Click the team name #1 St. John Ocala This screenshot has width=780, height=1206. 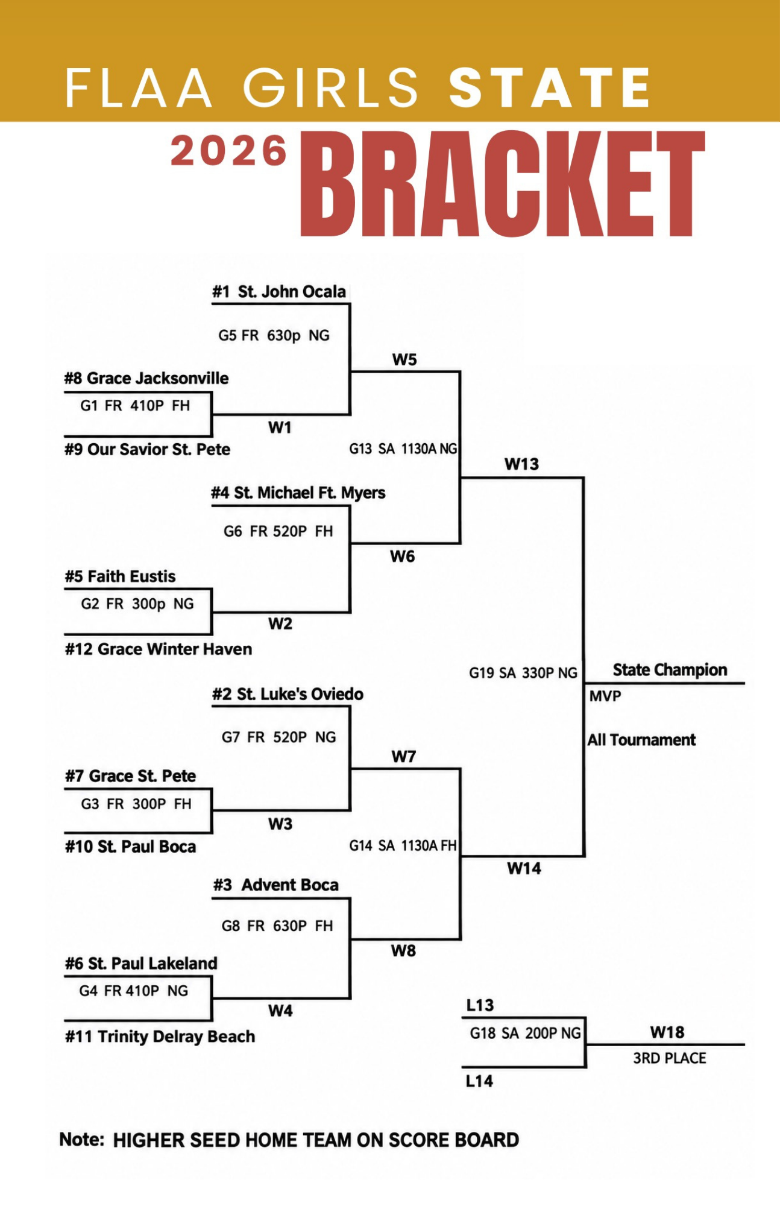click(x=279, y=292)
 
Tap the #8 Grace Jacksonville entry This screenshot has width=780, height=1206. click(x=146, y=378)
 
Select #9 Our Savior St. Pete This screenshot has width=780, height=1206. click(x=148, y=449)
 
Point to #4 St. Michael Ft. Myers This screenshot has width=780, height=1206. click(x=298, y=493)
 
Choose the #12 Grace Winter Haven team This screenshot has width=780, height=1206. click(x=159, y=649)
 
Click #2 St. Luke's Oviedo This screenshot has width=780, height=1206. click(x=288, y=694)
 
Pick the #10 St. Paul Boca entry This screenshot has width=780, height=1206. click(x=131, y=847)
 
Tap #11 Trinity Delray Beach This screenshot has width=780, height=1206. click(x=160, y=1037)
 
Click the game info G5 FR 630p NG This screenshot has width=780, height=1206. click(x=274, y=335)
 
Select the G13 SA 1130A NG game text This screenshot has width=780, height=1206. click(x=403, y=449)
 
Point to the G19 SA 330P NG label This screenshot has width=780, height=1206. click(x=523, y=673)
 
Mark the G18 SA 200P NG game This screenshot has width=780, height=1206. click(x=526, y=1034)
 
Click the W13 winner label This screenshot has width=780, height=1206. click(x=522, y=464)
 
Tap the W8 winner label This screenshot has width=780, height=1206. click(x=403, y=951)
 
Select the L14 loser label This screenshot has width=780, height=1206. click(x=480, y=1081)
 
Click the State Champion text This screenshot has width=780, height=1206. click(x=670, y=670)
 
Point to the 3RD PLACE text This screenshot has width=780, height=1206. click(x=670, y=1058)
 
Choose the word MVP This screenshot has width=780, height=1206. click(x=605, y=696)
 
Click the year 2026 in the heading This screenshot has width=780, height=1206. click(x=229, y=151)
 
